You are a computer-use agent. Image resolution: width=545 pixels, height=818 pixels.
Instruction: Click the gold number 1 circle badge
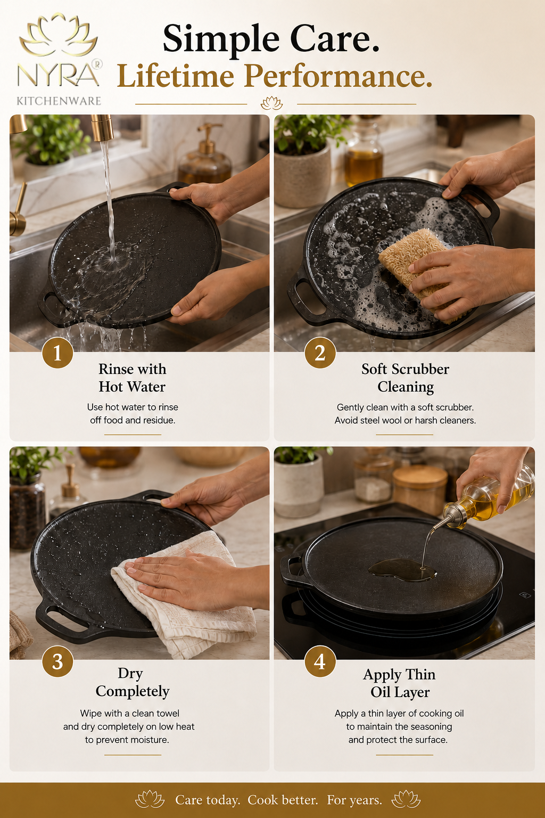pyautogui.click(x=57, y=353)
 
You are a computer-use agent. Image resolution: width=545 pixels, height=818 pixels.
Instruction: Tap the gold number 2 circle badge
pyautogui.click(x=320, y=353)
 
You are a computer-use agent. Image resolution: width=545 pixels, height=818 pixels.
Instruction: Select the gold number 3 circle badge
pyautogui.click(x=57, y=661)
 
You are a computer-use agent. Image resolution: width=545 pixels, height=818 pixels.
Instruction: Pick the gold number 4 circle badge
pyautogui.click(x=320, y=661)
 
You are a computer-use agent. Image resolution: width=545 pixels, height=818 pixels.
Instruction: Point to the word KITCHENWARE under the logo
pyautogui.click(x=59, y=101)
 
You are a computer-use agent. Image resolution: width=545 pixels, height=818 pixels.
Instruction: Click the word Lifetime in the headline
pyautogui.click(x=176, y=76)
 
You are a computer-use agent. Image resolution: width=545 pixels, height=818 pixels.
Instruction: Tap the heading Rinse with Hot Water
pyautogui.click(x=132, y=378)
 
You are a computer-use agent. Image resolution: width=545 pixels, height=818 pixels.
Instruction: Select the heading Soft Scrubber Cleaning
pyautogui.click(x=405, y=378)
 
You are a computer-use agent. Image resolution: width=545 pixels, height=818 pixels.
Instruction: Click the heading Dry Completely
pyautogui.click(x=132, y=682)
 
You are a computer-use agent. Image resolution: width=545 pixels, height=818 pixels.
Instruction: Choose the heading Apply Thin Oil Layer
pyautogui.click(x=400, y=683)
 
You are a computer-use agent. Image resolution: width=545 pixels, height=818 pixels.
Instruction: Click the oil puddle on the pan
pyautogui.click(x=401, y=570)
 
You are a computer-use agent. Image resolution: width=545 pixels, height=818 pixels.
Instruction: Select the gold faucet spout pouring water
pyautogui.click(x=102, y=128)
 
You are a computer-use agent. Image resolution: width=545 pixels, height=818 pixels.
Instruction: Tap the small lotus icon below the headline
pyautogui.click(x=271, y=103)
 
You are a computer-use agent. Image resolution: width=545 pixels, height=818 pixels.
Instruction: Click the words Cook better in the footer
pyautogui.click(x=283, y=800)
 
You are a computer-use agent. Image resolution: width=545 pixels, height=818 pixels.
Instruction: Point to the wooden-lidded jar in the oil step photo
pyautogui.click(x=420, y=489)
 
